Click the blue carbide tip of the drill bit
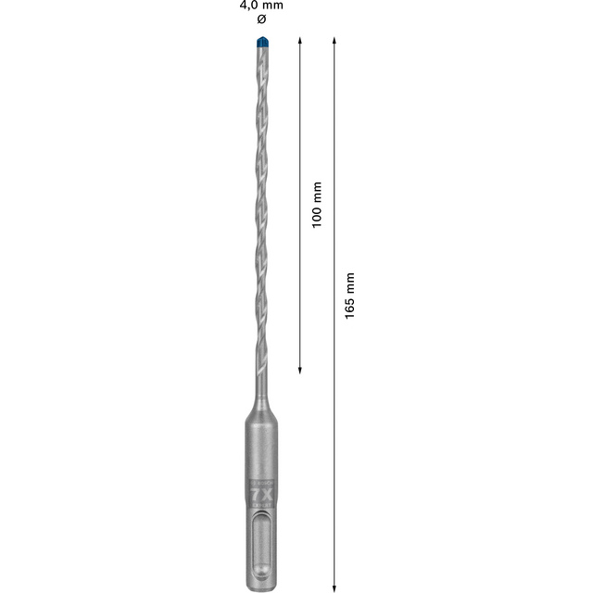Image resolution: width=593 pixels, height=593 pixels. (x=259, y=43)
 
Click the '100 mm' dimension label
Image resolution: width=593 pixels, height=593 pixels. (x=317, y=205)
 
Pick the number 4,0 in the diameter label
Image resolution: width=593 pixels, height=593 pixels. (x=250, y=6)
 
